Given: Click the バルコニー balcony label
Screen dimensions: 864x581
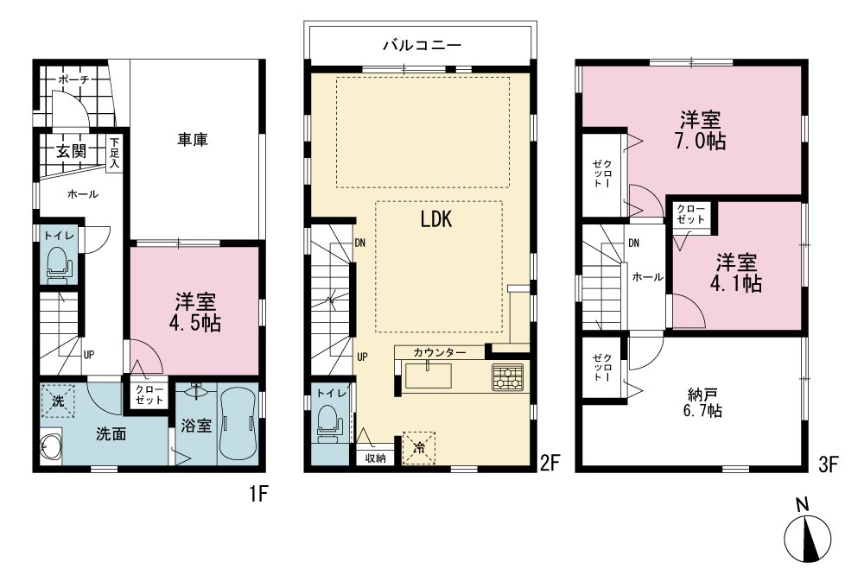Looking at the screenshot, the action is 422,45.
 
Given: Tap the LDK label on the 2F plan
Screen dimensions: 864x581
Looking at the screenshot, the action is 436,219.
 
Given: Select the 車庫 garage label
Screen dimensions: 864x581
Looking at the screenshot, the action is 193,140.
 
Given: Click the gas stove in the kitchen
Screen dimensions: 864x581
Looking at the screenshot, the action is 507,378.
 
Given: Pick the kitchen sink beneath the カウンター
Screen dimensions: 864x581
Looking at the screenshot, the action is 429,376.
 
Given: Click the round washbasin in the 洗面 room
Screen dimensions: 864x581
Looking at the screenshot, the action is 51,447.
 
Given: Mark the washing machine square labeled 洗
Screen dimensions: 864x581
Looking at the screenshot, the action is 59,401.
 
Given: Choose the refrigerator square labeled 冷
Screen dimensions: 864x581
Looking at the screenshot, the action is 419,448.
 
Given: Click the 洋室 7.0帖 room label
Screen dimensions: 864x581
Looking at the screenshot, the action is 701,130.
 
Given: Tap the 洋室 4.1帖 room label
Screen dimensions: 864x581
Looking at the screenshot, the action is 736,273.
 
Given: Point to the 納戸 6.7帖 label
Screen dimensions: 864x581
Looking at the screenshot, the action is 702,402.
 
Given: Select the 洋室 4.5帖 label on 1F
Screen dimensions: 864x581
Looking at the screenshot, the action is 195,313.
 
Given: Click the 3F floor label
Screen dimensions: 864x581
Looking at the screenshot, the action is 829,464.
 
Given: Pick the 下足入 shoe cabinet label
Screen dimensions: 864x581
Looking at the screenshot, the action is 114,152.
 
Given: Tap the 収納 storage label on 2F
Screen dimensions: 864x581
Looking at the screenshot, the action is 375,458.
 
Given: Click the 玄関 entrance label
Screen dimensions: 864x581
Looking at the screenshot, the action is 72,151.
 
